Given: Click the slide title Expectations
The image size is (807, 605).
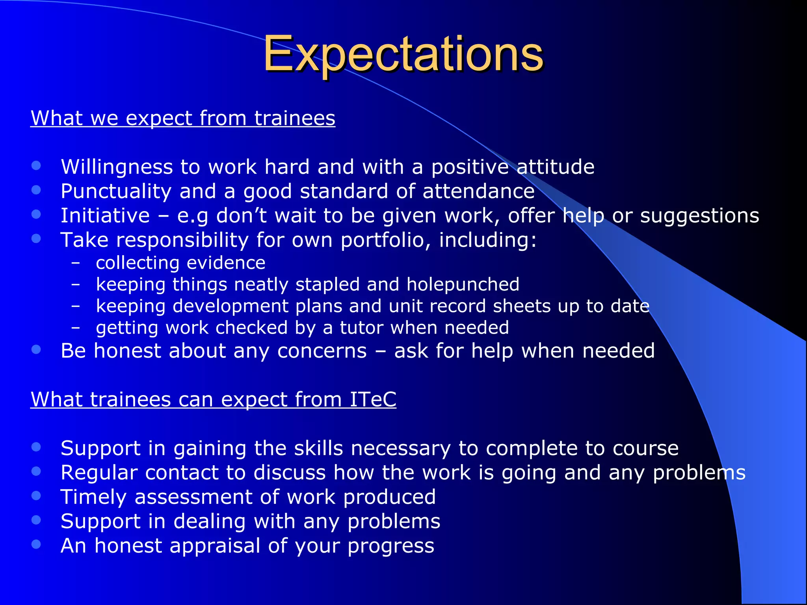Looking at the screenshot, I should pyautogui.click(x=403, y=54).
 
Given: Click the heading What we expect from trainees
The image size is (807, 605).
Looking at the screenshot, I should pyautogui.click(x=183, y=118).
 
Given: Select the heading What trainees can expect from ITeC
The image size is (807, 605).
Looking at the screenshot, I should pyautogui.click(x=213, y=399).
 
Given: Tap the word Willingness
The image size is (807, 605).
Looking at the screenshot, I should pyautogui.click(x=117, y=167).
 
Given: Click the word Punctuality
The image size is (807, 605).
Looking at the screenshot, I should pyautogui.click(x=116, y=191).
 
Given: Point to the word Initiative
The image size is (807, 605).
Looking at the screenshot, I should pyautogui.click(x=105, y=216).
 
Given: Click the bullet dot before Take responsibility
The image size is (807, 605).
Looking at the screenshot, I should pyautogui.click(x=36, y=238).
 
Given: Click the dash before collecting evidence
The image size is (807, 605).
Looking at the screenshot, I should pyautogui.click(x=76, y=262).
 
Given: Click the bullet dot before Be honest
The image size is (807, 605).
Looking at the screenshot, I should pyautogui.click(x=36, y=349).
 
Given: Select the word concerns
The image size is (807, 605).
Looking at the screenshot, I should pyautogui.click(x=322, y=351).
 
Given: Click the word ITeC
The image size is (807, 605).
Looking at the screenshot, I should pyautogui.click(x=372, y=399).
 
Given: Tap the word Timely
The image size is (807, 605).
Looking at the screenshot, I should pyautogui.click(x=93, y=497).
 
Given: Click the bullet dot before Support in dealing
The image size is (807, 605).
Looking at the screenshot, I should pyautogui.click(x=36, y=520).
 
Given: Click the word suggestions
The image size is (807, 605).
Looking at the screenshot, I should pyautogui.click(x=699, y=216).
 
